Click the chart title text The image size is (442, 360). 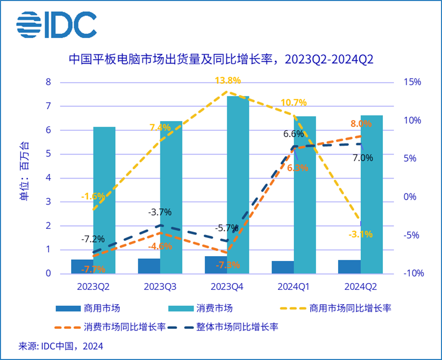221,59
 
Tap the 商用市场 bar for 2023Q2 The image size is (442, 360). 82,267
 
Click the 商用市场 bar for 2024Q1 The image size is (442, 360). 282,267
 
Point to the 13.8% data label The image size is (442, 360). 228,81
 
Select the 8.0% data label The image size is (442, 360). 361,123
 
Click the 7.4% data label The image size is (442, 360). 160,127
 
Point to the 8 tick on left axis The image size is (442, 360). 49,82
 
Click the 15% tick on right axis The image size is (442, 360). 413,82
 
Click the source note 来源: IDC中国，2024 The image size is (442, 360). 61,346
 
